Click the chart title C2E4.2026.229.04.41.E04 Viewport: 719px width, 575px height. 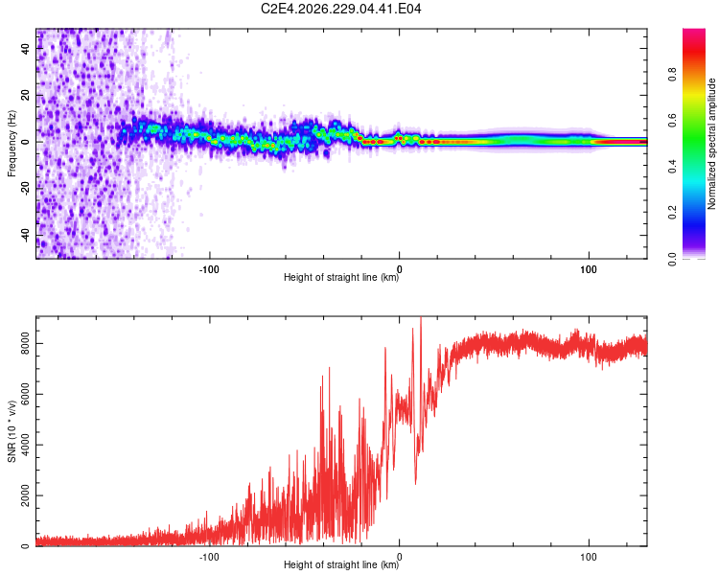(x=340, y=9)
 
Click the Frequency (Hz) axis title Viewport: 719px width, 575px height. (x=12, y=144)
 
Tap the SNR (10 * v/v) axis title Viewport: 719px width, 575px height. (x=12, y=431)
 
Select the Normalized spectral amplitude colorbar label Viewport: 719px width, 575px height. (x=711, y=144)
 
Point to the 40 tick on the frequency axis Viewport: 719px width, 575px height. (x=26, y=48)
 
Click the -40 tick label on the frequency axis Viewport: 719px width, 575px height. (x=26, y=236)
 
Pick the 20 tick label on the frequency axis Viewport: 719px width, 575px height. (x=26, y=95)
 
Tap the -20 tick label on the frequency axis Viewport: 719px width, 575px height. (x=26, y=189)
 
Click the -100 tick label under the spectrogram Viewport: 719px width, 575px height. (x=209, y=269)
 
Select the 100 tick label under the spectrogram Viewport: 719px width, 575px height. (x=589, y=269)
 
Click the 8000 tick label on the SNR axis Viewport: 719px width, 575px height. (x=26, y=343)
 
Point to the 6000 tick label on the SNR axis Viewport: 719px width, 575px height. (x=26, y=394)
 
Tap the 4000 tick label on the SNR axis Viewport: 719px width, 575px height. (x=26, y=445)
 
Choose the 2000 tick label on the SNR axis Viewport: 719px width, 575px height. (x=26, y=495)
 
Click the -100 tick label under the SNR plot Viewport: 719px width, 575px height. (x=209, y=557)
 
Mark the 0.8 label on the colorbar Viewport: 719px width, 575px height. (x=673, y=74)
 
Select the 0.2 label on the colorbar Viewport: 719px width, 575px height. (x=673, y=213)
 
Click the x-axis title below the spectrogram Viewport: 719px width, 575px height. (x=341, y=277)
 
